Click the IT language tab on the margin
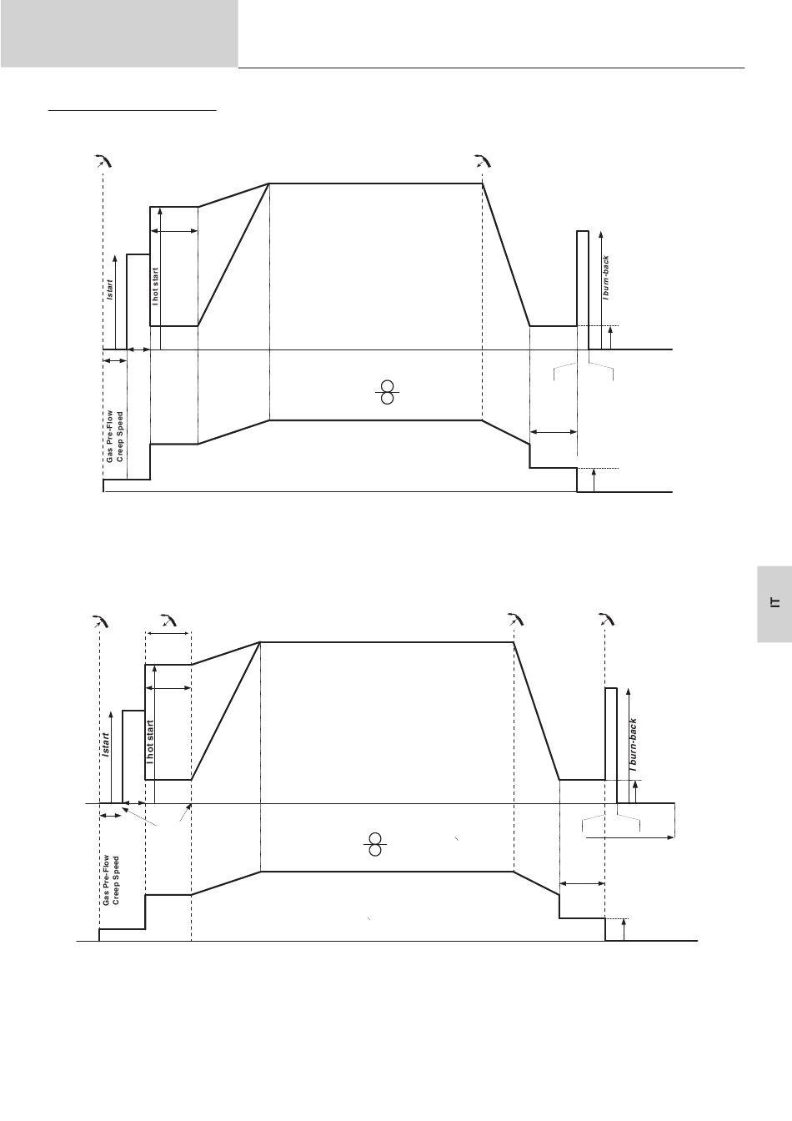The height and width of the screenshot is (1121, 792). pyautogui.click(x=774, y=604)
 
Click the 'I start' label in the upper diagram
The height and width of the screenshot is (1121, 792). pyautogui.click(x=109, y=289)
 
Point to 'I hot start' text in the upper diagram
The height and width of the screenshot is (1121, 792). pyautogui.click(x=155, y=287)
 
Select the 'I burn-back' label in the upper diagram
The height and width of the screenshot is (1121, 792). pyautogui.click(x=606, y=278)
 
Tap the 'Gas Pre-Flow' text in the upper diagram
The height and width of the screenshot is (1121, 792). pyautogui.click(x=109, y=436)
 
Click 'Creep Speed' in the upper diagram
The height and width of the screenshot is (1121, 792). pyautogui.click(x=119, y=437)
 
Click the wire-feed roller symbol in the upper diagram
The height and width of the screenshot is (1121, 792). pyautogui.click(x=387, y=392)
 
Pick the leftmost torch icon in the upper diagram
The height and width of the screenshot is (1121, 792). pyautogui.click(x=104, y=161)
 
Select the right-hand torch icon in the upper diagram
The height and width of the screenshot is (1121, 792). pyautogui.click(x=483, y=161)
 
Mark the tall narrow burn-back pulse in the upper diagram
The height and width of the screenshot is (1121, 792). pyautogui.click(x=583, y=290)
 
